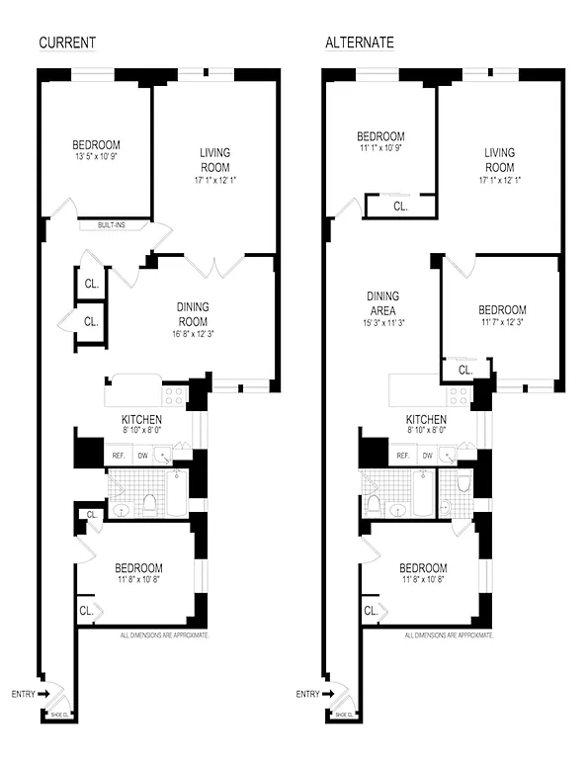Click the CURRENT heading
(x=67, y=42)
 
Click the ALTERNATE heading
(x=361, y=42)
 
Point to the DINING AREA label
(x=382, y=303)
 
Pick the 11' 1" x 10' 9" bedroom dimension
(x=380, y=149)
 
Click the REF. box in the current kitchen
(x=118, y=456)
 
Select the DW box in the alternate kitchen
(x=428, y=456)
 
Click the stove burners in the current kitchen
(x=174, y=395)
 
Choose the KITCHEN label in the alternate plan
(x=426, y=419)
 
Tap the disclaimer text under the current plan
(x=164, y=636)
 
